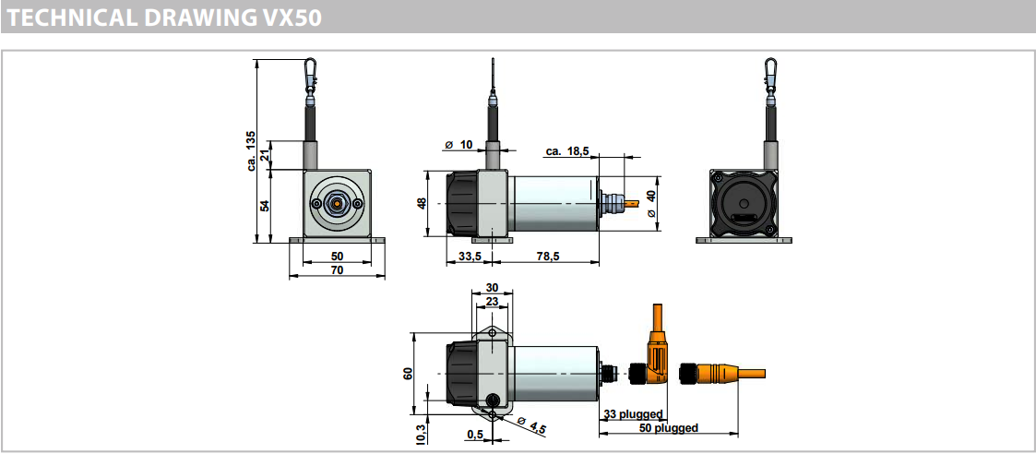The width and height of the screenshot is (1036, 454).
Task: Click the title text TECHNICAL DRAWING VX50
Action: pyautogui.click(x=164, y=18)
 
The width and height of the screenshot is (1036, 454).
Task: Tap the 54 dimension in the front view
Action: pyautogui.click(x=265, y=206)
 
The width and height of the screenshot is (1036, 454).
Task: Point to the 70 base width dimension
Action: pyautogui.click(x=337, y=269)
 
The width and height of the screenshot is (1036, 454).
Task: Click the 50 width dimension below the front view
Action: pyautogui.click(x=337, y=255)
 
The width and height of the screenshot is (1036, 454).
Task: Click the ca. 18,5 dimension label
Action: pyautogui.click(x=566, y=151)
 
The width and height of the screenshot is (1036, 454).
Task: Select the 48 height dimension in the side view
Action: pyautogui.click(x=422, y=203)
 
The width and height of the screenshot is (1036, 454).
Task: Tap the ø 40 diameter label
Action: pyautogui.click(x=651, y=204)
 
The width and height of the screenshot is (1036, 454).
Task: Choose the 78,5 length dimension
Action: pyautogui.click(x=548, y=256)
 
